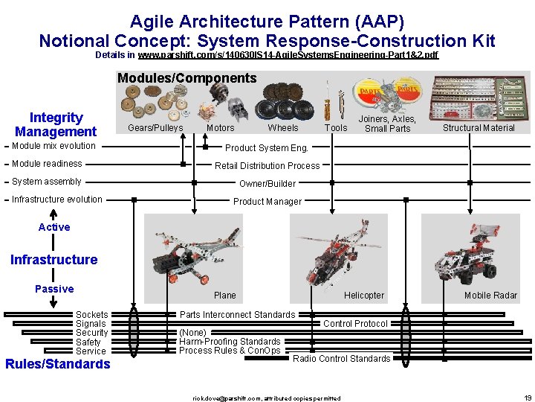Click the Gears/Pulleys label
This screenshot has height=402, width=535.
[x=155, y=128]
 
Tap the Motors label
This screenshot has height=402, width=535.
[x=220, y=128]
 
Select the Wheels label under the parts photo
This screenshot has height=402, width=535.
[x=283, y=128]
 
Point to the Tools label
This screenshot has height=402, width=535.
[x=336, y=128]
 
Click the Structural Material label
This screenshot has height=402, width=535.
[x=479, y=128]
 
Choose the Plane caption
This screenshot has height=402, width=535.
[x=224, y=296]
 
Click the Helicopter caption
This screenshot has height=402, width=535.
[x=364, y=296]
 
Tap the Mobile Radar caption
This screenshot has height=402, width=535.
[x=490, y=296]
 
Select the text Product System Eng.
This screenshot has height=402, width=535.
[x=266, y=147]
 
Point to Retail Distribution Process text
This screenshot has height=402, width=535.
[x=267, y=165]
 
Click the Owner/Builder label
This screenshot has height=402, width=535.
[x=267, y=183]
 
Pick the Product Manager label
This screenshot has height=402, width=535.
[x=267, y=201]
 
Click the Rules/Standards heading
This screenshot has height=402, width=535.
[x=58, y=364]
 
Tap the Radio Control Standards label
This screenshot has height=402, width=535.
[x=341, y=359]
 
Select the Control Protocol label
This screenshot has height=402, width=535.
[x=355, y=324]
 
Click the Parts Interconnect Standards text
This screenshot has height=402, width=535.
[x=237, y=315]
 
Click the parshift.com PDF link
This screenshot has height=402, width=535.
[x=288, y=55]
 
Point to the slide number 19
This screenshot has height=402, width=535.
[x=528, y=398]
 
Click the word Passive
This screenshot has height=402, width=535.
[x=54, y=289]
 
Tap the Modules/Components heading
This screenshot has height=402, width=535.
[x=187, y=78]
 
